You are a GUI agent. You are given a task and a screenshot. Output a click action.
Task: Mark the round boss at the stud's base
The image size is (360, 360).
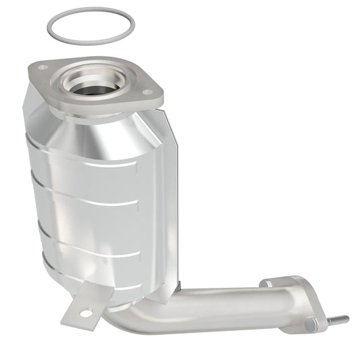pos(311,325)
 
